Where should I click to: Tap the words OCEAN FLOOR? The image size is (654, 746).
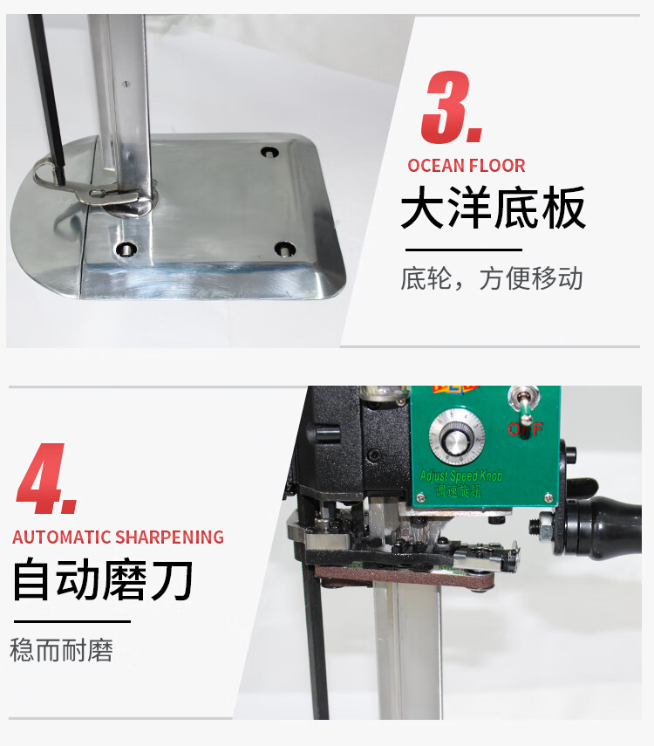pos(467,166)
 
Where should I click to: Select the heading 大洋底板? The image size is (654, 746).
pos(493,208)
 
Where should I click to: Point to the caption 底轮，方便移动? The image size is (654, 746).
pos(491,278)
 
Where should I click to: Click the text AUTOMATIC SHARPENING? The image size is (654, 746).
pos(118,537)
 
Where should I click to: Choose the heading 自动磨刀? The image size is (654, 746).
pos(103,579)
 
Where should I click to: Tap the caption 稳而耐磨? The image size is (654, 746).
pos(61,650)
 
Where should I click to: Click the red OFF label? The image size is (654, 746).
pos(525,429)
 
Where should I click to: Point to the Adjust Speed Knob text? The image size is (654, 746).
pos(460,476)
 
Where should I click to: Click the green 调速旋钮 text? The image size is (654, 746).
pos(459,490)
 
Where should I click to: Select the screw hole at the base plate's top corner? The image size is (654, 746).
pos(269,152)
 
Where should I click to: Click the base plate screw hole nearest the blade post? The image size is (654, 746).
pos(126,249)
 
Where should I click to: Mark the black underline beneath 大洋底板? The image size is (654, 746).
pos(464,250)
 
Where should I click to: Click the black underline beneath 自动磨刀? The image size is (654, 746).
pos(72,621)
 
